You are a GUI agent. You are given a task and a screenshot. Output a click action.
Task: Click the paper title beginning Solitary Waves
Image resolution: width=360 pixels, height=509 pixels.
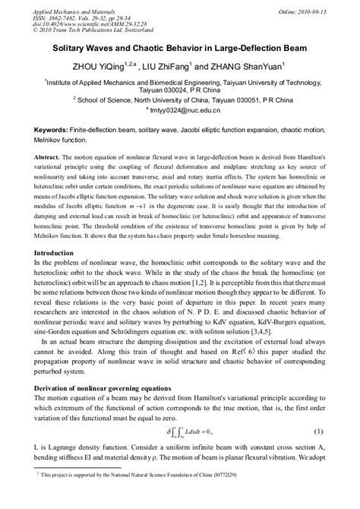pyautogui.click(x=180, y=46)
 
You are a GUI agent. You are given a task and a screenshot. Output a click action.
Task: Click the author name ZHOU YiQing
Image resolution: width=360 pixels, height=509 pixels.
pyautogui.click(x=106, y=66)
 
